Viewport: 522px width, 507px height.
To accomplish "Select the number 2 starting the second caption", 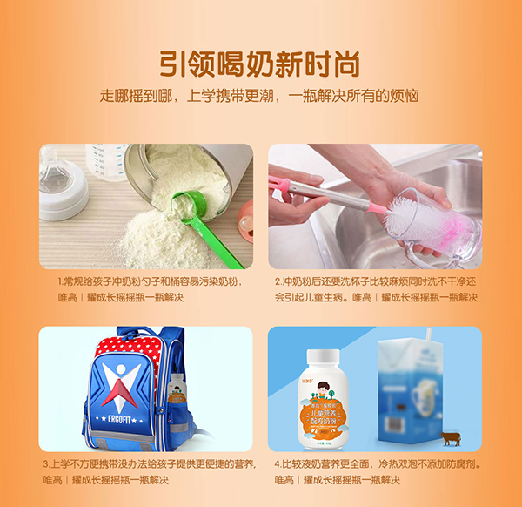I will [x=278, y=282].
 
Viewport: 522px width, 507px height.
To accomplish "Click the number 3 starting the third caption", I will [x=45, y=464].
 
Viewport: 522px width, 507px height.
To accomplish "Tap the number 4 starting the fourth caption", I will [x=278, y=464].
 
